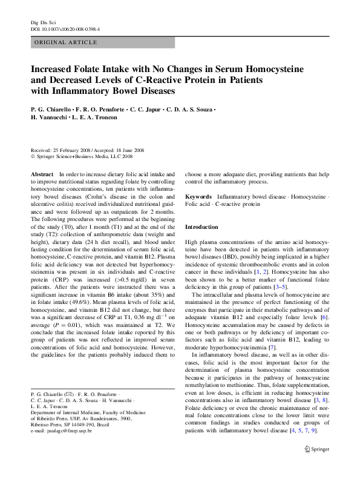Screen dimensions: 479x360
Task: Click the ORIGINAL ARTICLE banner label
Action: pyautogui.click(x=67, y=42)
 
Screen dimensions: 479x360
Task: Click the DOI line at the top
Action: pyautogui.click(x=65, y=28)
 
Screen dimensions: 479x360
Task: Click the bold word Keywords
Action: pyautogui.click(x=198, y=197)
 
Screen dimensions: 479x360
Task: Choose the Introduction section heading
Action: pyautogui.click(x=201, y=227)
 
